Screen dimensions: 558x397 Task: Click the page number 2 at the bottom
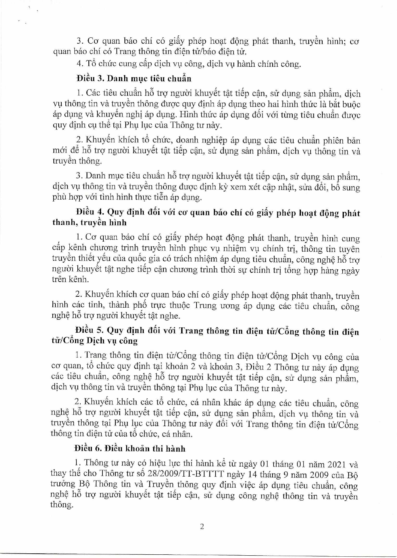pos(201,527)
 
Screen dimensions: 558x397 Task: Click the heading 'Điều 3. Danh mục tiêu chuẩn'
pos(134,79)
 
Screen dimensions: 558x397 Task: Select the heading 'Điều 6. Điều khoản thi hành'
pos(130,449)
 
